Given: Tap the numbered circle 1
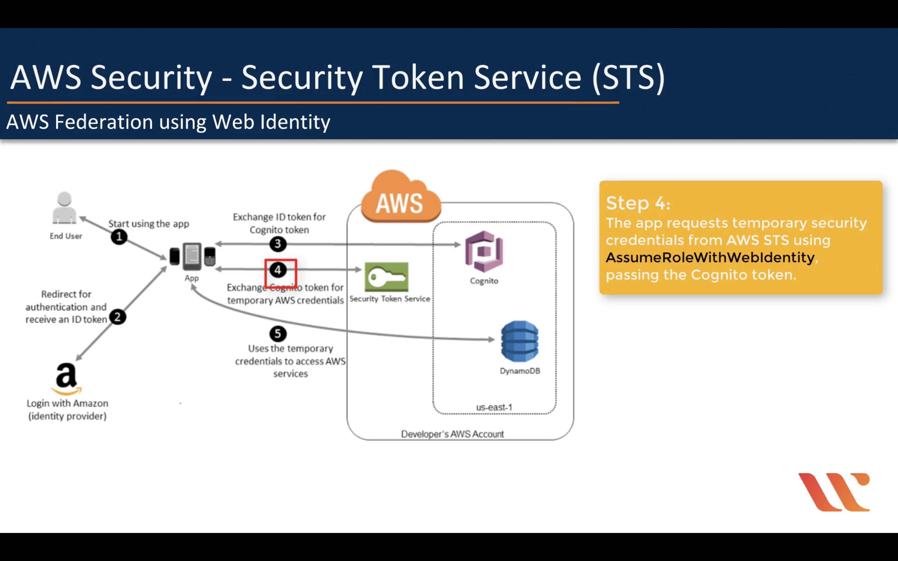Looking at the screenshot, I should pyautogui.click(x=119, y=237).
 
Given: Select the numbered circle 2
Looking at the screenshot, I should pyautogui.click(x=118, y=317).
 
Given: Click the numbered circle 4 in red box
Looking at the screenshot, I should pyautogui.click(x=278, y=270).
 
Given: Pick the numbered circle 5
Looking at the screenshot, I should pyautogui.click(x=278, y=334).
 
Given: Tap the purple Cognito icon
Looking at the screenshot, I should pyautogui.click(x=484, y=251).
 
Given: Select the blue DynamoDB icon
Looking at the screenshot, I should pyautogui.click(x=519, y=341).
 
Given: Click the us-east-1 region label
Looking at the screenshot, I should pyautogui.click(x=494, y=407).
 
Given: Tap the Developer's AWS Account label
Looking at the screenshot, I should pyautogui.click(x=452, y=434).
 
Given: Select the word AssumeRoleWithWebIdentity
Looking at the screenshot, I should pyautogui.click(x=710, y=257).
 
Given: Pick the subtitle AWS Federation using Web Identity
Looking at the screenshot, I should pyautogui.click(x=168, y=122).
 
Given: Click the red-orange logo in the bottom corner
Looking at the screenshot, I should pyautogui.click(x=834, y=492).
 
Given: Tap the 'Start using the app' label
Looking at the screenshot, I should pyautogui.click(x=148, y=224).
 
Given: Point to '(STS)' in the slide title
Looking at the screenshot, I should pyautogui.click(x=628, y=77).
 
